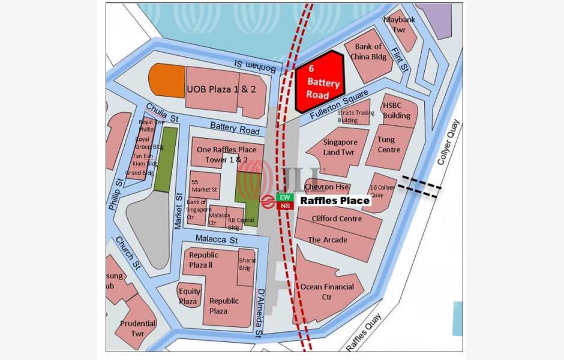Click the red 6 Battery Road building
320,82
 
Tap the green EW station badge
285,197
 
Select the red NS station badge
285,206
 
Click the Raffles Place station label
334,200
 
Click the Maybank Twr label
399,25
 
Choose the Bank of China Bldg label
368,52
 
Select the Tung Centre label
388,145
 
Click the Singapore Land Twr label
340,148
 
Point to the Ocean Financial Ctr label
327,292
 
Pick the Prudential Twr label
137,328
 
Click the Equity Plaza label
189,296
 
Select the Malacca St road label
217,239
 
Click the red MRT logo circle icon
268,201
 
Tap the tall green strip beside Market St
166,159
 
